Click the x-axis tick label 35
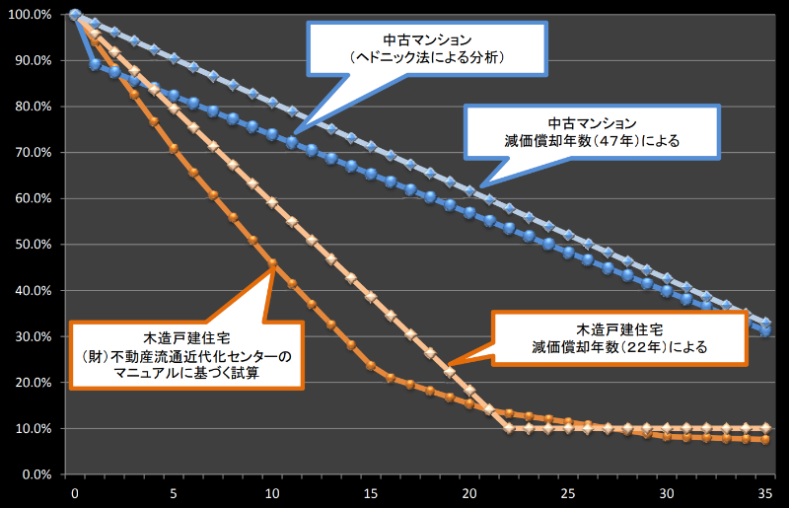(765, 492)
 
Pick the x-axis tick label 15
(371, 492)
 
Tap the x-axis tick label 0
(75, 492)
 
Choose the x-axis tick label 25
(568, 492)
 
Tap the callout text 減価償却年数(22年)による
(616, 347)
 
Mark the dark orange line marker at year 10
(272, 262)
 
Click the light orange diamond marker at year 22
(509, 428)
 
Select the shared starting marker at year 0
(75, 15)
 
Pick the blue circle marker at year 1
(95, 64)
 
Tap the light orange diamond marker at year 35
(765, 428)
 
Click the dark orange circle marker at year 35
(765, 440)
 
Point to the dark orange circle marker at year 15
(371, 366)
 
